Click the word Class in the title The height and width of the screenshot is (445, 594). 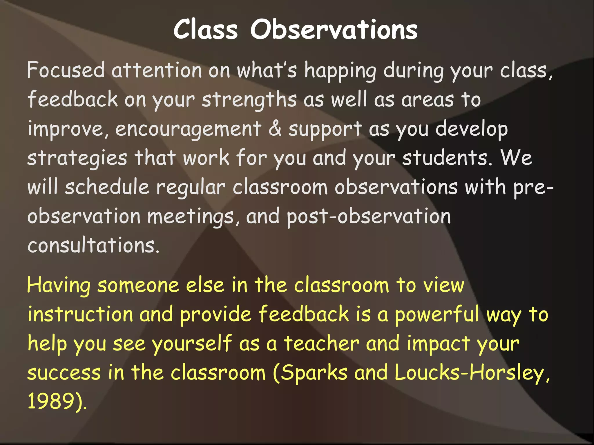[206, 30]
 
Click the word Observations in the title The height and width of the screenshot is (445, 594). [334, 30]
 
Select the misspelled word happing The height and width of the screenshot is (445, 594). [340, 71]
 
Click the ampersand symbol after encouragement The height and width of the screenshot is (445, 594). [275, 129]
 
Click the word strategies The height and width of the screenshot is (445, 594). [77, 159]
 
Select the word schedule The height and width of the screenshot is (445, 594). [107, 187]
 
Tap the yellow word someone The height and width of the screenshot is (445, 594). [138, 286]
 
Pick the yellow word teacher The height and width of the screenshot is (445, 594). [321, 344]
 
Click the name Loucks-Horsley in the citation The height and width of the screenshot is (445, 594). [471, 373]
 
